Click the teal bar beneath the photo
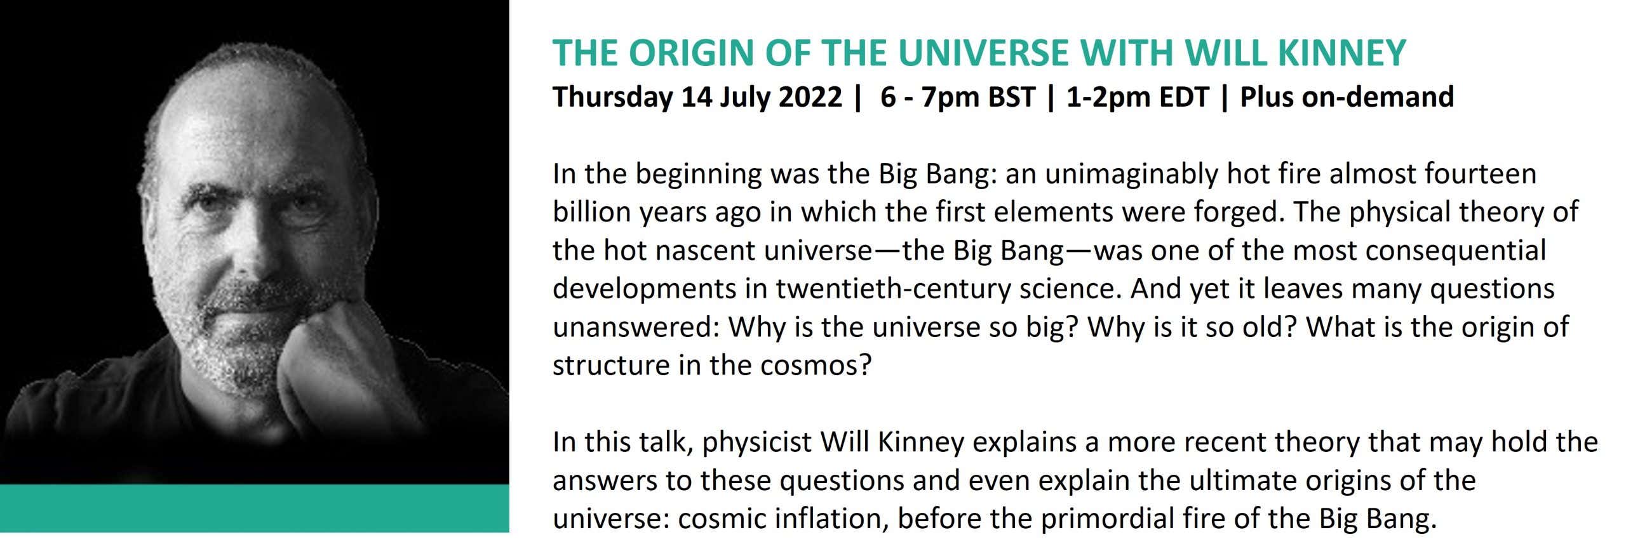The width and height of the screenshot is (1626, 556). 254,508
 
